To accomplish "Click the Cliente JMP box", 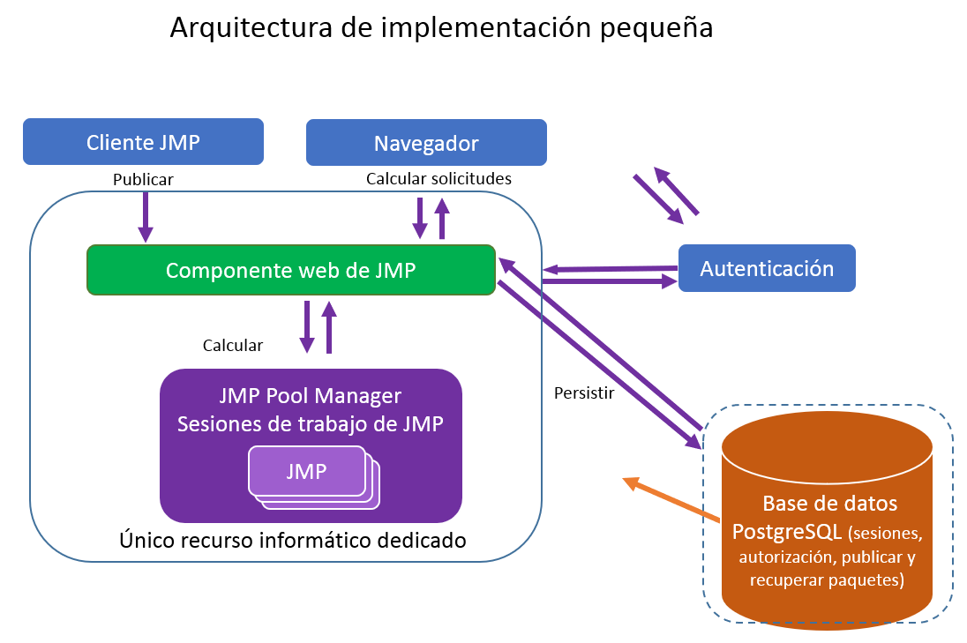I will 143,142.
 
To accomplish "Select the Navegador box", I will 426,143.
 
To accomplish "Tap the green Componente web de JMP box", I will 290,270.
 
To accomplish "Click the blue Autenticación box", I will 767,268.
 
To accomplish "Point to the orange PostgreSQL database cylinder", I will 828,529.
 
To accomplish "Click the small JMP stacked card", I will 307,471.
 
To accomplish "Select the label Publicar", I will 143,179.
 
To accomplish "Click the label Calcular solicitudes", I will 439,178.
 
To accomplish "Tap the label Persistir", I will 583,393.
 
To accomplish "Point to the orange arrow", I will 671,497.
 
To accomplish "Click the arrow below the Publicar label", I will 145,217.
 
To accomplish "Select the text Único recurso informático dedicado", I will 292,539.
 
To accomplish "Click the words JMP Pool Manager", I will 310,396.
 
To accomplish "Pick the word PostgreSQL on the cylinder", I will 787,533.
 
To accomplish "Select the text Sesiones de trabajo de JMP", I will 310,423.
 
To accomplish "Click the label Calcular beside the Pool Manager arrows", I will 232,345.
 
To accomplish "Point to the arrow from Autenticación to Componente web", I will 610,268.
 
